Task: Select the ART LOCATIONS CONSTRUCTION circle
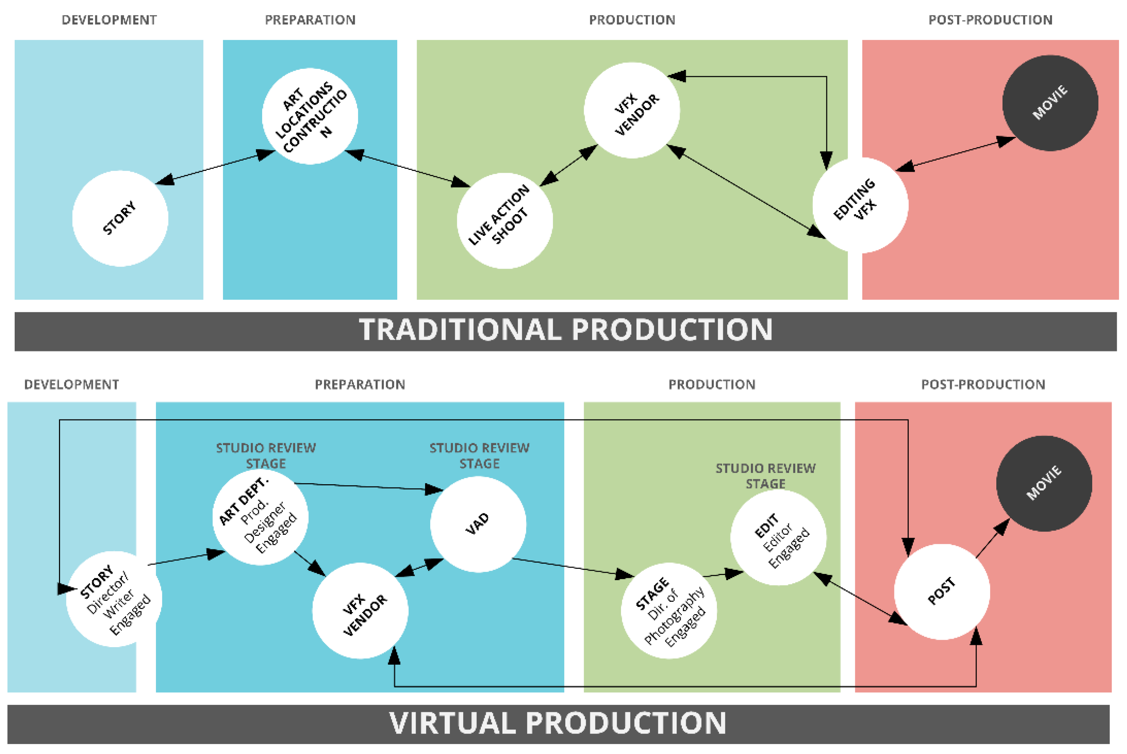pyautogui.click(x=310, y=116)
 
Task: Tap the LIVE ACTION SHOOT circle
pyautogui.click(x=505, y=221)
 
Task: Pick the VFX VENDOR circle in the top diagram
pyautogui.click(x=632, y=110)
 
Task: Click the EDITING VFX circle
pyautogui.click(x=860, y=205)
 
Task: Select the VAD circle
pyautogui.click(x=478, y=524)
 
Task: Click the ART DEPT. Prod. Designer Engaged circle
pyautogui.click(x=260, y=517)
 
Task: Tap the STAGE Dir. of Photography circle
pyautogui.click(x=669, y=610)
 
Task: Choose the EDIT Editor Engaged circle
pyautogui.click(x=778, y=537)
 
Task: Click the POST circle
pyautogui.click(x=941, y=591)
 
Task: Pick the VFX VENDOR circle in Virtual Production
pyautogui.click(x=360, y=610)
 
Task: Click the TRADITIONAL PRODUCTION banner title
pyautogui.click(x=566, y=331)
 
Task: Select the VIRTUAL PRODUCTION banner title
pyautogui.click(x=558, y=723)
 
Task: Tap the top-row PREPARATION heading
pyautogui.click(x=310, y=20)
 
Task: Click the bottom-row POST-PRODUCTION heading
pyautogui.click(x=983, y=384)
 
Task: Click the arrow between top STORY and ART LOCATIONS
pyautogui.click(x=215, y=167)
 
